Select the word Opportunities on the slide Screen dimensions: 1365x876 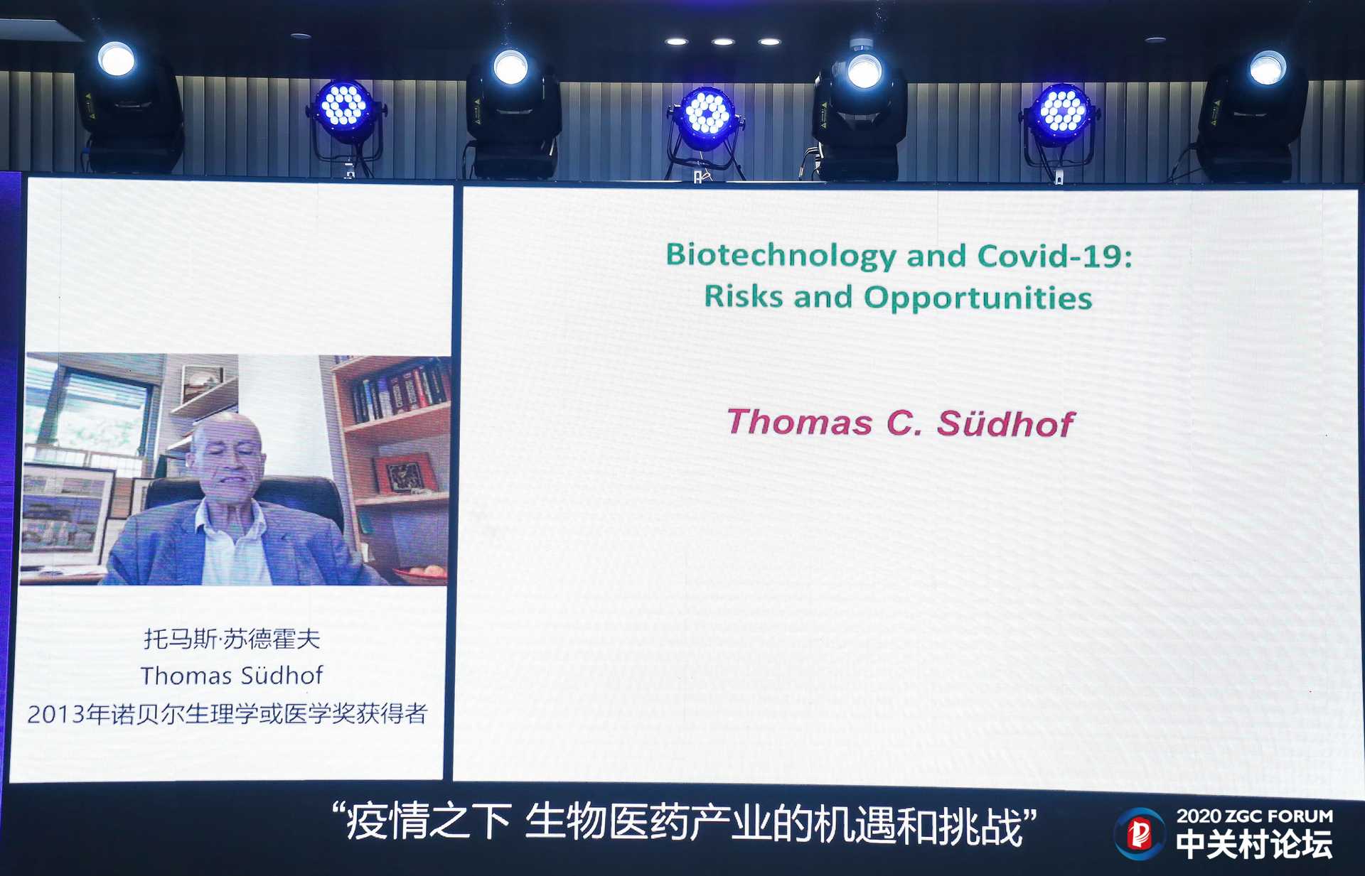click(x=978, y=298)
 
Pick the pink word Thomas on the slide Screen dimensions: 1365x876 click(x=800, y=422)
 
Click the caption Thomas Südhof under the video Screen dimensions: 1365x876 click(x=232, y=675)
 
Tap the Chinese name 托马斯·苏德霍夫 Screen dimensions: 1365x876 click(x=232, y=639)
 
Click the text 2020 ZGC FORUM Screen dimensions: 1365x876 click(x=1255, y=816)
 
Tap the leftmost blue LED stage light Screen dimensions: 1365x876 click(x=344, y=108)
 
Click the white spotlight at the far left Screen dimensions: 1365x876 click(x=117, y=60)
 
